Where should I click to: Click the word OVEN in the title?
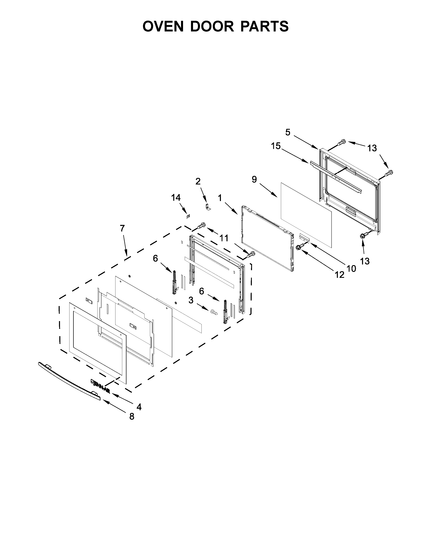coord(163,26)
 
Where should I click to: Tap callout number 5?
coord(288,132)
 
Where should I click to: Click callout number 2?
coord(198,181)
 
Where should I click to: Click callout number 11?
coord(224,238)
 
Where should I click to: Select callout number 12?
coord(340,275)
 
